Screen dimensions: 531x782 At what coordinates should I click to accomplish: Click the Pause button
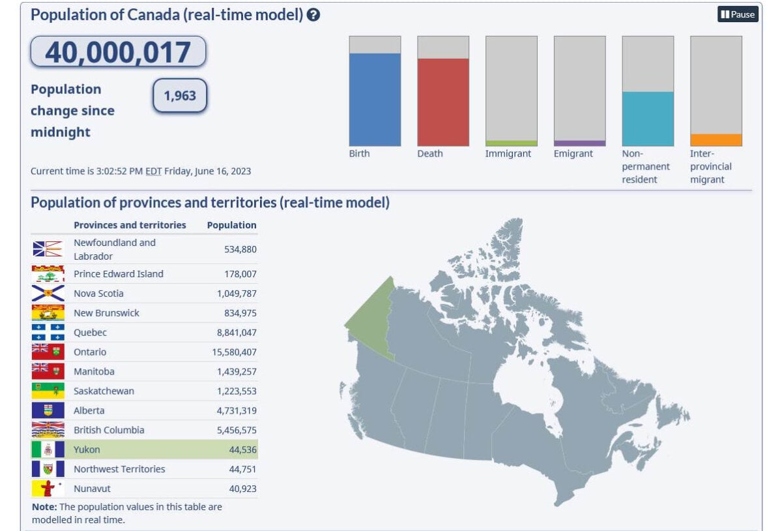coord(738,14)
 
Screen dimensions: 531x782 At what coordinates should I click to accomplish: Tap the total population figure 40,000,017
coord(118,52)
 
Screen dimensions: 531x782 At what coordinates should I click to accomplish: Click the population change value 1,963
coord(180,96)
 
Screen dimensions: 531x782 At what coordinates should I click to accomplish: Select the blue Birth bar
coord(375,99)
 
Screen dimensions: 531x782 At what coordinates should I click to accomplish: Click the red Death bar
coord(443,102)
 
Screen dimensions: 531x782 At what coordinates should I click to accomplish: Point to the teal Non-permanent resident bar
coord(648,119)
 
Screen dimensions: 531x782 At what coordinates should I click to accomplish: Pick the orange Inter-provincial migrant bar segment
coord(716,140)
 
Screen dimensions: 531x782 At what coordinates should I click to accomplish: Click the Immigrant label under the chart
coord(508,154)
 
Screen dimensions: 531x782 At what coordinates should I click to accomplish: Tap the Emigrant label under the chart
coord(573,154)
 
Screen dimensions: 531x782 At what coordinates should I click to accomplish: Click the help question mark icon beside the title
coord(313,15)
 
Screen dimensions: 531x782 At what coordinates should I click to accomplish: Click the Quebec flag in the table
coord(48,332)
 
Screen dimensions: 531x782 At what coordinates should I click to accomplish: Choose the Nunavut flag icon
coord(48,489)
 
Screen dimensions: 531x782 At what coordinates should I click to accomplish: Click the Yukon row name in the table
coord(87,449)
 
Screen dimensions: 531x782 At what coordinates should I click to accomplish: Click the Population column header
coord(231,225)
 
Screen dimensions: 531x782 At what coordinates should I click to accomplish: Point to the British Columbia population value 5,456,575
coord(230,431)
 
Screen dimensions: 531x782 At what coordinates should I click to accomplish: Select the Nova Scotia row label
coord(98,294)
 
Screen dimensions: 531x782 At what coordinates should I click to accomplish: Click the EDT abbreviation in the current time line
coord(153,172)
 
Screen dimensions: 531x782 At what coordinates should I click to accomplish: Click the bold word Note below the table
coord(44,507)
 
